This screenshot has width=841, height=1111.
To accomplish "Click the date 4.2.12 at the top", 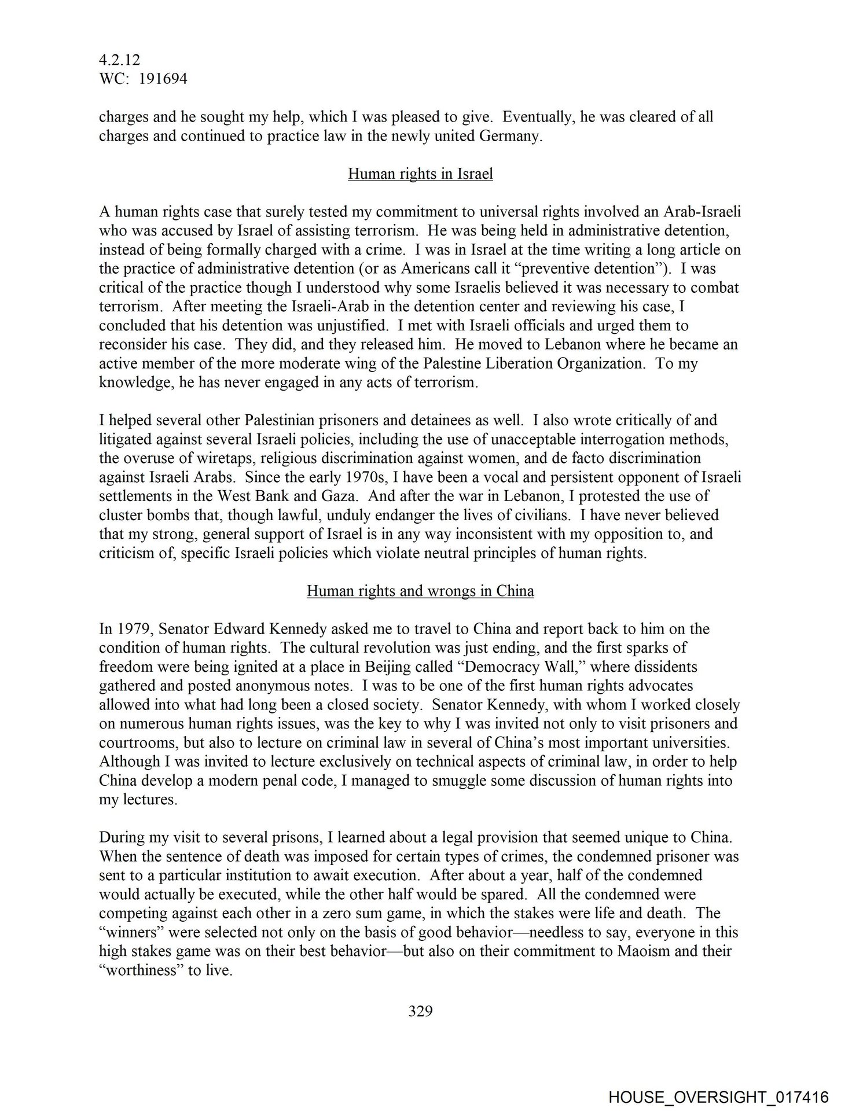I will [119, 60].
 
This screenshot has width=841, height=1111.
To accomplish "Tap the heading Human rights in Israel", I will [420, 174].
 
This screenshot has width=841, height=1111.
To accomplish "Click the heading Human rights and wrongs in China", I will [420, 591].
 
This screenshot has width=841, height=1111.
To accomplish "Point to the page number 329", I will [420, 1011].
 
